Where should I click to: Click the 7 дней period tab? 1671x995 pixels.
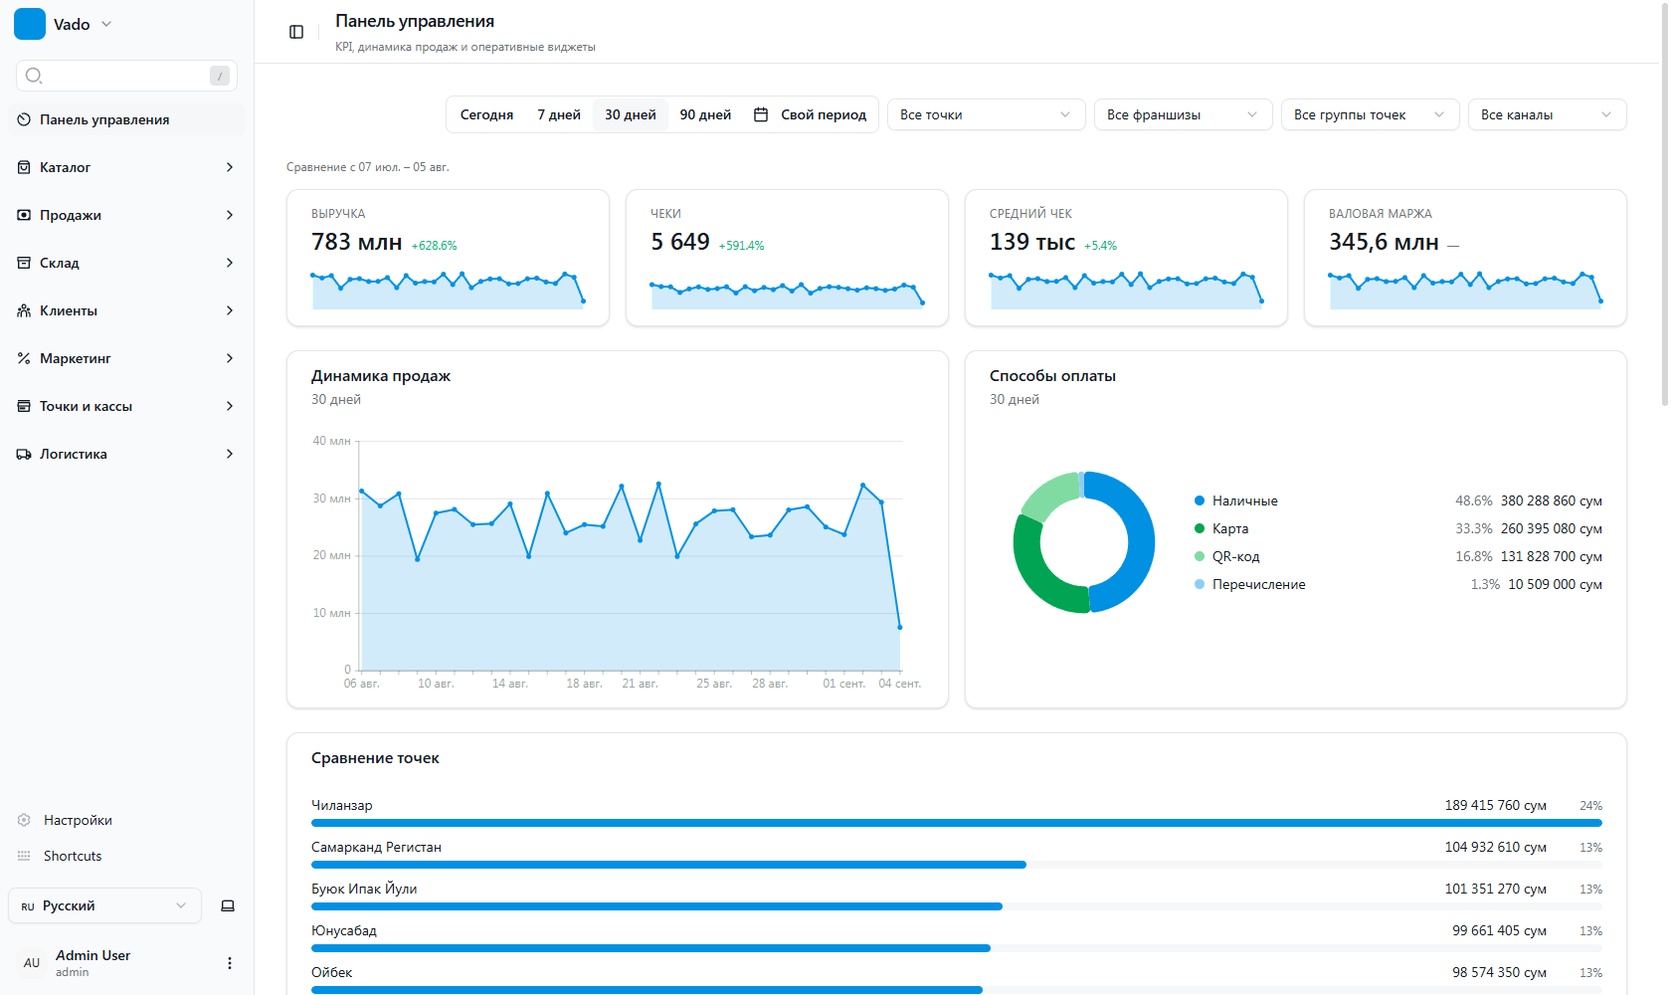pos(559,114)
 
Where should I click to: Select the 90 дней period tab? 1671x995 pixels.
pos(705,114)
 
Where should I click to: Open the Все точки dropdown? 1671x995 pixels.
pos(986,114)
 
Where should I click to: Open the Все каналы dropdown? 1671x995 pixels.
pos(1547,114)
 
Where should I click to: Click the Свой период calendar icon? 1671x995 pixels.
pos(760,114)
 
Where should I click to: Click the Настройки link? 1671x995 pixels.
pos(78,820)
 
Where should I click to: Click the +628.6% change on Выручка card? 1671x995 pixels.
pos(434,245)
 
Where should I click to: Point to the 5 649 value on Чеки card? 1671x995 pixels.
pos(679,242)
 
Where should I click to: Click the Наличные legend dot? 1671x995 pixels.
pos(1199,500)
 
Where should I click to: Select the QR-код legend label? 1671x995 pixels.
pos(1235,556)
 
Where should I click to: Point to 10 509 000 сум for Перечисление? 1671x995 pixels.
pos(1555,584)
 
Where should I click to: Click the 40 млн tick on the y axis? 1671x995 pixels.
pos(331,441)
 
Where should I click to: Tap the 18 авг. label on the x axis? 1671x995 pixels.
pos(584,683)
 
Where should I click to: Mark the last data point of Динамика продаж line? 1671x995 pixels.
pos(899,627)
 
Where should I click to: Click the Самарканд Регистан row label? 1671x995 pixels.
pos(376,847)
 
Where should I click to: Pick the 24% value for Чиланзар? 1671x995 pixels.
pos(1590,805)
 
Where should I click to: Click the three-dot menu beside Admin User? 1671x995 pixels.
pos(229,963)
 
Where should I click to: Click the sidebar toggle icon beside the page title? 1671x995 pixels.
pos(296,32)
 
